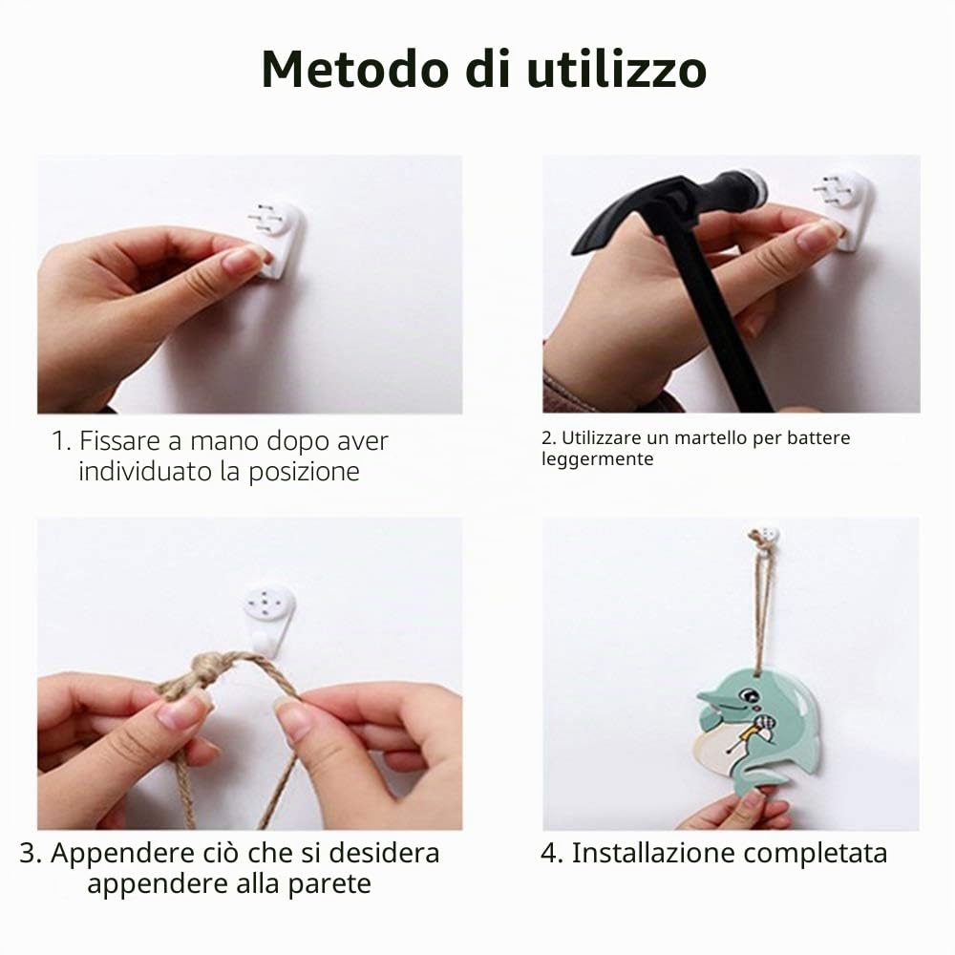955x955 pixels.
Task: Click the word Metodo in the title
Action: coord(355,70)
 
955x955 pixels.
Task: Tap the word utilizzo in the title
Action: coord(616,70)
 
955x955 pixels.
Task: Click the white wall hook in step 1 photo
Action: coord(277,240)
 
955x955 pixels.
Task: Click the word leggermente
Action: coord(597,459)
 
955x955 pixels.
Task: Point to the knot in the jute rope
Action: coord(210,669)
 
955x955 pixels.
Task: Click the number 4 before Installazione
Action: coord(547,854)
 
